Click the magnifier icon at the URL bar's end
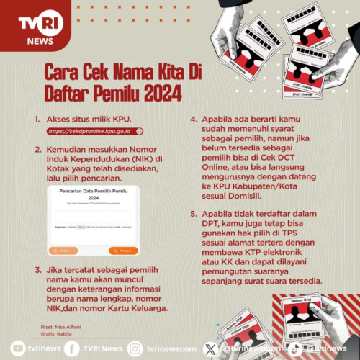click(x=139, y=132)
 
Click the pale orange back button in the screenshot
click(x=63, y=251)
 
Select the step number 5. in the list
click(x=194, y=214)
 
